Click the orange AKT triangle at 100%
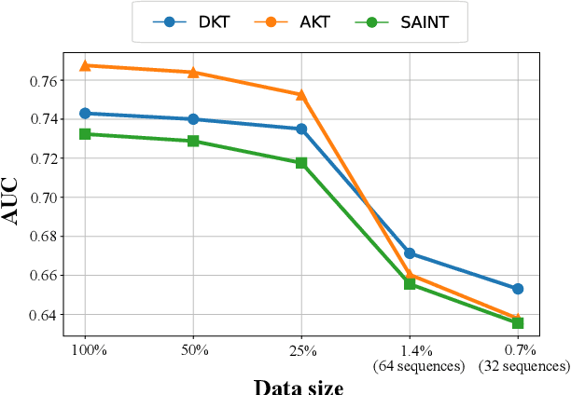pos(85,65)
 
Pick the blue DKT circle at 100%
pos(85,113)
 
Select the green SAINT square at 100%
pos(85,134)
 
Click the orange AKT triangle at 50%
pos(193,72)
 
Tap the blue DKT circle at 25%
pos(301,129)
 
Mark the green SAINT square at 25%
pos(301,163)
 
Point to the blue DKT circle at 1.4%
pos(410,253)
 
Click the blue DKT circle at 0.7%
pos(518,289)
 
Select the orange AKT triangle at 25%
pos(301,94)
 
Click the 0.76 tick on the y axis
pos(43,80)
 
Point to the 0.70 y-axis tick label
pos(43,197)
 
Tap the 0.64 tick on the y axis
pos(43,315)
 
